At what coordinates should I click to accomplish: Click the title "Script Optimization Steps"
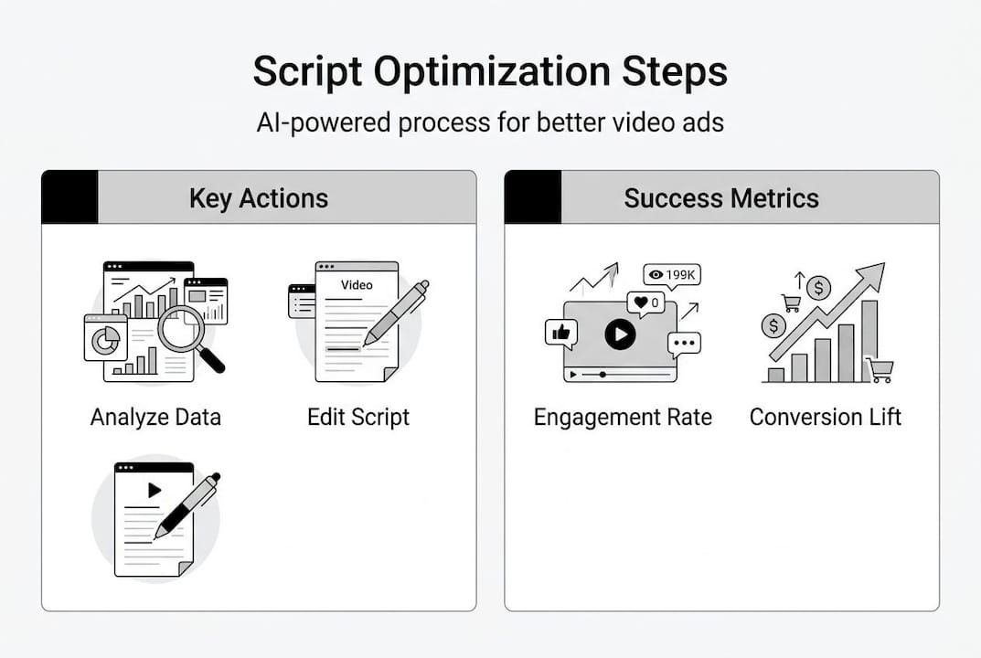pyautogui.click(x=490, y=72)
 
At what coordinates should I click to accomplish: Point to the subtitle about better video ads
pyautogui.click(x=490, y=122)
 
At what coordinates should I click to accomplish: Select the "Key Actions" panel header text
pyautogui.click(x=259, y=198)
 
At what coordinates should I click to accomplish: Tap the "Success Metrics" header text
pyautogui.click(x=721, y=198)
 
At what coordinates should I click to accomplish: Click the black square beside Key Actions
pyautogui.click(x=69, y=197)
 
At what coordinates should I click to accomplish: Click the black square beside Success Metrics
pyautogui.click(x=533, y=197)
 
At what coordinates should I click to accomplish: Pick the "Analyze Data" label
pyautogui.click(x=155, y=418)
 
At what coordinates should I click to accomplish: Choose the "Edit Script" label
pyautogui.click(x=358, y=418)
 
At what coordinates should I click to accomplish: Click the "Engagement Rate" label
pyautogui.click(x=623, y=418)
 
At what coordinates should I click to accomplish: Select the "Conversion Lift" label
pyautogui.click(x=826, y=418)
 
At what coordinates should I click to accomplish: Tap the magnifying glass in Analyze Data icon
pyautogui.click(x=183, y=329)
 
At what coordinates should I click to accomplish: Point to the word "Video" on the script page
pyautogui.click(x=357, y=285)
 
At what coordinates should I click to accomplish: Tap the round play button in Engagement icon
pyautogui.click(x=620, y=334)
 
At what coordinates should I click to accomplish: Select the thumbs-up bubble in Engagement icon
pyautogui.click(x=560, y=334)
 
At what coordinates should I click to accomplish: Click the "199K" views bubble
pyautogui.click(x=671, y=275)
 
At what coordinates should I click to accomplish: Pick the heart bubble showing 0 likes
pyautogui.click(x=645, y=303)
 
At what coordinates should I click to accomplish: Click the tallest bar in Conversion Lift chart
pyautogui.click(x=869, y=341)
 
